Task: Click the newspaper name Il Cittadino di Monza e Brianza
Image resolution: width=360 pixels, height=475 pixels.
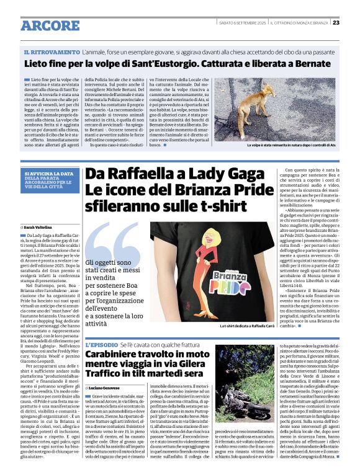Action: [x=299, y=23]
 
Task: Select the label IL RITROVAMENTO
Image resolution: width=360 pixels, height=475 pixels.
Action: [x=52, y=52]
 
